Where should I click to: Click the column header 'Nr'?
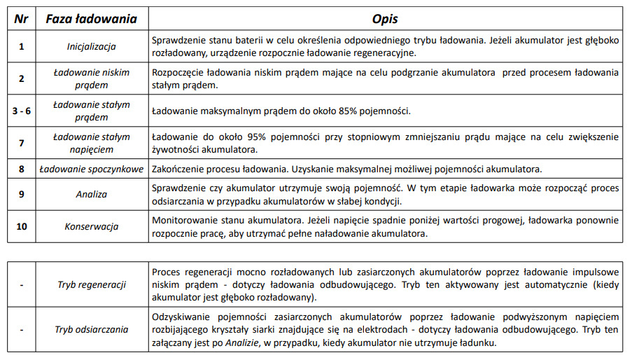pos(21,19)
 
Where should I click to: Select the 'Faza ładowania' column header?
pos(92,19)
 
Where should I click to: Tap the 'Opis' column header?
pos(384,19)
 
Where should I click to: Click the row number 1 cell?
pos(21,47)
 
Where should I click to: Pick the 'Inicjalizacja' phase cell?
pos(92,47)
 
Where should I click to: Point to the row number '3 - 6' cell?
pos(21,111)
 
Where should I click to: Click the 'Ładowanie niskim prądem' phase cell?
pos(92,78)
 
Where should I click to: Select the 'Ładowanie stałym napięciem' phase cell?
pos(92,143)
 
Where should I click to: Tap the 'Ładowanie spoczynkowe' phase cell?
pos(92,169)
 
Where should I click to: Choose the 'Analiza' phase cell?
pos(92,195)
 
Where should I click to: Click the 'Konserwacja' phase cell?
pos(92,227)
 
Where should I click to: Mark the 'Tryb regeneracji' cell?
pos(92,285)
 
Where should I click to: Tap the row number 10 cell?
pos(21,227)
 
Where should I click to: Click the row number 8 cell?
pos(21,169)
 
